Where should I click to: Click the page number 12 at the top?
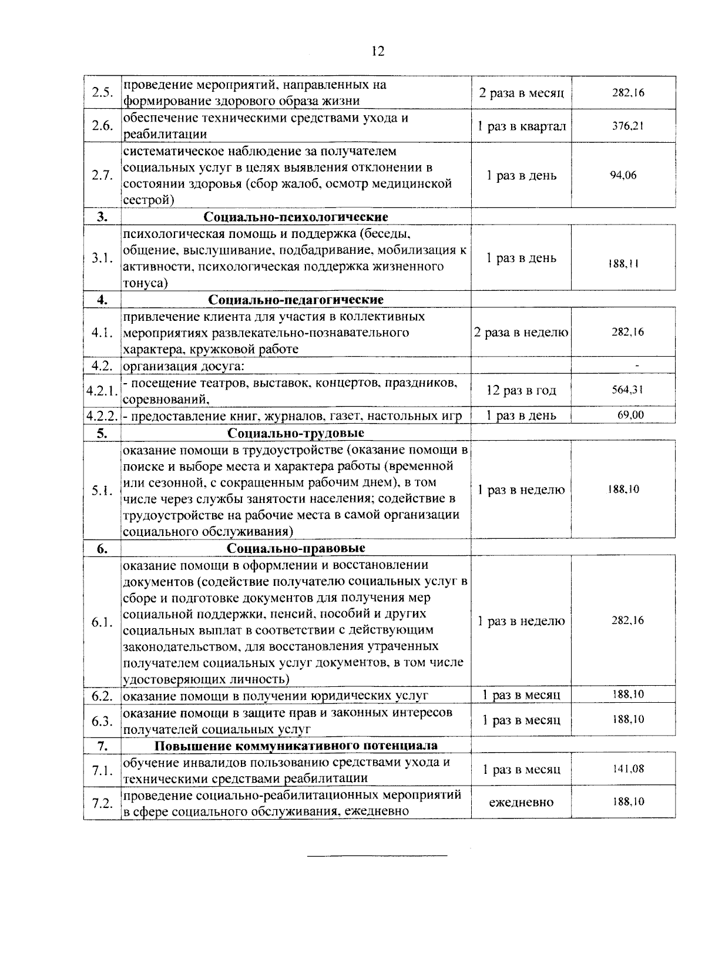point(378,52)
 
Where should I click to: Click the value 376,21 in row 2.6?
point(627,126)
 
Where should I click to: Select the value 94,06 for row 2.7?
point(623,175)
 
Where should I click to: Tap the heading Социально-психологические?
point(296,217)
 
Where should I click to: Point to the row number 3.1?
point(102,259)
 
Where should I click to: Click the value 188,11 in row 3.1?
point(623,264)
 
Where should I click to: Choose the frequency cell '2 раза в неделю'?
point(521,333)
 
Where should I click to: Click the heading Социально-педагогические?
point(296,300)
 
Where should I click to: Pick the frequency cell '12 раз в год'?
point(521,391)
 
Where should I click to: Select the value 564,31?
point(627,390)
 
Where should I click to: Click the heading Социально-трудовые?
point(296,434)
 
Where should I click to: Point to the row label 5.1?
point(102,491)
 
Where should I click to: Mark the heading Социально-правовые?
point(296,549)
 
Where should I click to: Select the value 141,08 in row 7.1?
point(627,769)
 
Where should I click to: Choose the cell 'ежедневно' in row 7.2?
point(521,802)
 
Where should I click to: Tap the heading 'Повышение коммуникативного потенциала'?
point(296,746)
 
